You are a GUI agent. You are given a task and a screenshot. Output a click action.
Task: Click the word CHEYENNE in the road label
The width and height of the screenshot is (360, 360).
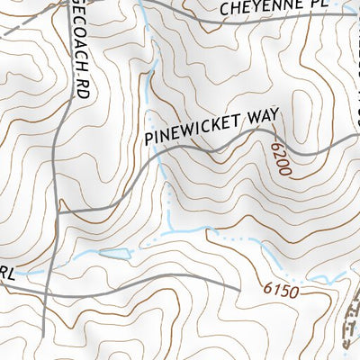point(258,10)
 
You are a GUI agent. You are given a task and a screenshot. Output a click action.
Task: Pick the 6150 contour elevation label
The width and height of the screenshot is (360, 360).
point(281,290)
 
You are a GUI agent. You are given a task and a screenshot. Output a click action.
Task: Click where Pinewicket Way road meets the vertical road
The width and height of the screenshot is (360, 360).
point(59,211)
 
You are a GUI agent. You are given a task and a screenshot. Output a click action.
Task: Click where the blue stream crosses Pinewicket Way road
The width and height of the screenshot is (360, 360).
point(163,168)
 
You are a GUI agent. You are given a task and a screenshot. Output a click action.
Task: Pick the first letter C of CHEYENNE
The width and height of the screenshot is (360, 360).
point(226,13)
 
